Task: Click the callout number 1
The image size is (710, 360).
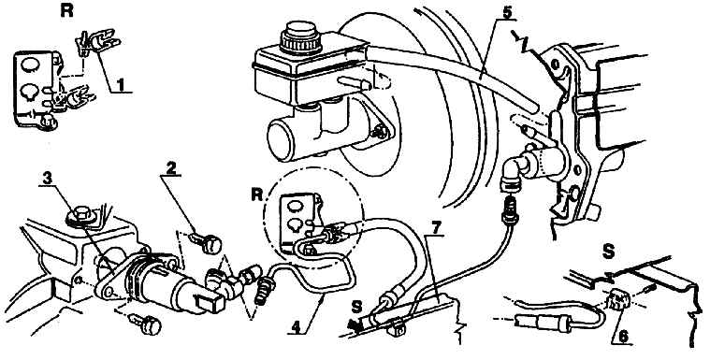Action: click(x=120, y=85)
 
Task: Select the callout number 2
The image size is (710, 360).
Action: click(x=170, y=168)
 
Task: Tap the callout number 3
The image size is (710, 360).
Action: click(x=48, y=180)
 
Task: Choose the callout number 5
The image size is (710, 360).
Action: click(x=507, y=12)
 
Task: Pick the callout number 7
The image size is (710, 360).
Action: click(x=435, y=229)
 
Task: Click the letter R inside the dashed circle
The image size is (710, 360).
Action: click(x=256, y=194)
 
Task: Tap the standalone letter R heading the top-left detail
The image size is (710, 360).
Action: click(x=66, y=12)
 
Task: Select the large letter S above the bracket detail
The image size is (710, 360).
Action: click(x=608, y=251)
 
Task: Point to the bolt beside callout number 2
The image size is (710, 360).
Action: click(x=207, y=243)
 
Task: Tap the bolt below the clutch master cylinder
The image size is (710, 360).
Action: click(x=146, y=324)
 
